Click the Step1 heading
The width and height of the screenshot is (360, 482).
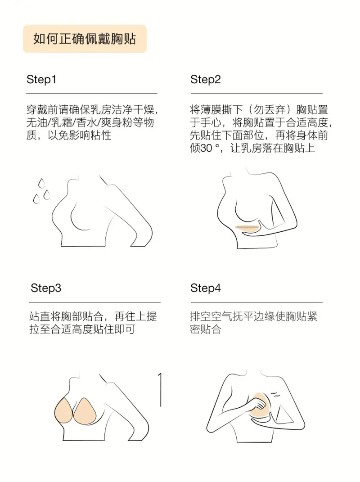[41, 79]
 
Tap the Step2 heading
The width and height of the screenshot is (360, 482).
[205, 79]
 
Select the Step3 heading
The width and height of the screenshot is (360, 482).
[46, 288]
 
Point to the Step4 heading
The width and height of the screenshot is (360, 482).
[205, 288]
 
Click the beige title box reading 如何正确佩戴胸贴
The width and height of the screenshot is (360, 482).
[85, 39]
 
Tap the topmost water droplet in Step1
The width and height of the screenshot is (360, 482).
[41, 183]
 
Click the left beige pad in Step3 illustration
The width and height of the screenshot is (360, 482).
[63, 411]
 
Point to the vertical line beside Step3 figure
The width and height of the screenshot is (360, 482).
[160, 390]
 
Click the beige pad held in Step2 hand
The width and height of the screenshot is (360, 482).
[248, 228]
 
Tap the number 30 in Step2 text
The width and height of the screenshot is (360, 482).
[206, 149]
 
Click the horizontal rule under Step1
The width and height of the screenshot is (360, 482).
[92, 93]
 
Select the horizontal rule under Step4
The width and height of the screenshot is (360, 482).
[256, 302]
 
